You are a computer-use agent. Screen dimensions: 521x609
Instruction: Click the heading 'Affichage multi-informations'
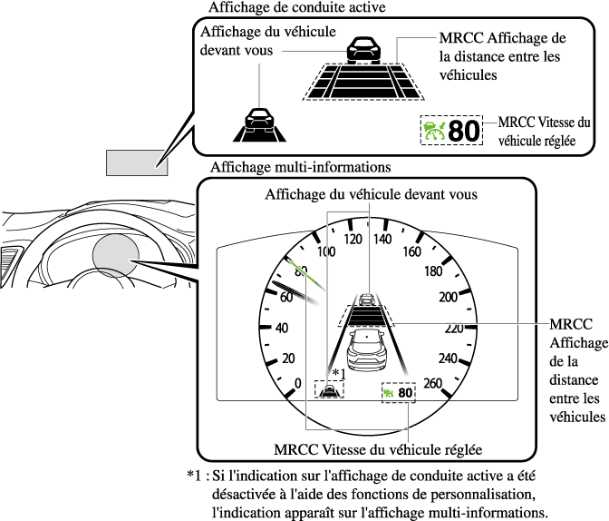[287, 167]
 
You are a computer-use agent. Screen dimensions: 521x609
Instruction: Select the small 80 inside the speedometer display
[405, 393]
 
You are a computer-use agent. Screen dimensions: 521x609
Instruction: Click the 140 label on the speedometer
[382, 240]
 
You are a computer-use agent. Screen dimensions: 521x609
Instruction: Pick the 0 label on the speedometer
[298, 383]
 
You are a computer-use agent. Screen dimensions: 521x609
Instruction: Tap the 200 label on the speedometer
[448, 297]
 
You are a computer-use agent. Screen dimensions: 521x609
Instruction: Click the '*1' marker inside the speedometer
[340, 372]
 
